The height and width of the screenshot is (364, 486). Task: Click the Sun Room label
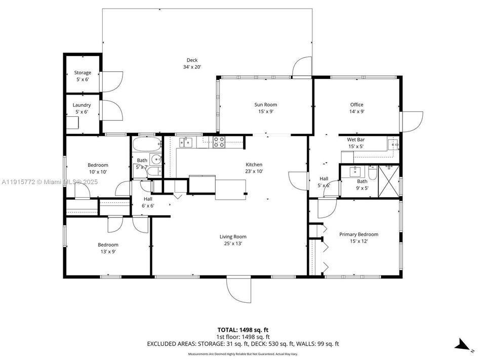pos(265,105)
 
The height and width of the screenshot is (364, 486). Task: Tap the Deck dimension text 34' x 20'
pos(192,67)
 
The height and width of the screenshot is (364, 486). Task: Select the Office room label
pos(357,105)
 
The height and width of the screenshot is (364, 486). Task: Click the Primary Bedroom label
pos(358,234)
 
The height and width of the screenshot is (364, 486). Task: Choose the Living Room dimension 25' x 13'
pos(233,244)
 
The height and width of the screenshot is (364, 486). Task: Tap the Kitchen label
pos(254,165)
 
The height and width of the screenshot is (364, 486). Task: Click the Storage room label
pos(83,73)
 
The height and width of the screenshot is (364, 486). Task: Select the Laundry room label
pos(82,105)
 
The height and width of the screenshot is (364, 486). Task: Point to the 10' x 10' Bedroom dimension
pos(98,172)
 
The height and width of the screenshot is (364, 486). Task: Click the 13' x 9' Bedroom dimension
pos(107,251)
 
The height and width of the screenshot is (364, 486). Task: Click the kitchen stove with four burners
pos(219,142)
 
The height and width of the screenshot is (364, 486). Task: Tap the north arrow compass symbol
pos(463,346)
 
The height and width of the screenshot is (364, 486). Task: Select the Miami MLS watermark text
pos(49,181)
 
